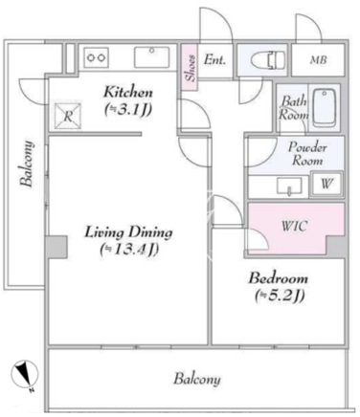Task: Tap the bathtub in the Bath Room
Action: click(325, 108)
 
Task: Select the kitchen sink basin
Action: click(151, 57)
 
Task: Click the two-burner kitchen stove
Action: click(97, 57)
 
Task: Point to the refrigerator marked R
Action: click(68, 117)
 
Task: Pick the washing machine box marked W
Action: click(326, 185)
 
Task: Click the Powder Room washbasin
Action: click(289, 187)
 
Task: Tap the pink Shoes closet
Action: click(190, 67)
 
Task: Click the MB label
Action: click(318, 60)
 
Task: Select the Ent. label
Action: click(214, 59)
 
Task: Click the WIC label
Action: click(295, 226)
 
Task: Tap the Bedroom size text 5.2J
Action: click(280, 296)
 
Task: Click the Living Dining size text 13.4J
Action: click(129, 250)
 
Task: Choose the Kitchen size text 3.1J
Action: click(128, 110)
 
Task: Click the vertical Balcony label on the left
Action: click(27, 164)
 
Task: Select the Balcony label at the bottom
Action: click(197, 380)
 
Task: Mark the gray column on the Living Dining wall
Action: click(56, 247)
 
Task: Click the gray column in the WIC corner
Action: click(336, 246)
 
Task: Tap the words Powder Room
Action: click(307, 154)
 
